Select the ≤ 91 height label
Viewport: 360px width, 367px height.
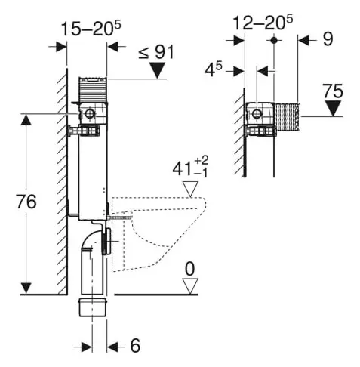coord(158,53)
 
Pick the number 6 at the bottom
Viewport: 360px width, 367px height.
coord(135,346)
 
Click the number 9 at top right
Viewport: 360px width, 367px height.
coord(327,39)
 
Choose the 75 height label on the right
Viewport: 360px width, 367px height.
coord(332,92)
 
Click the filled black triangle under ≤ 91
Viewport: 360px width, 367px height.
coord(158,71)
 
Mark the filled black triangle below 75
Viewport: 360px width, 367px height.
coord(332,110)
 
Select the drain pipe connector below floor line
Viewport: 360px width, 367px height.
coord(94,308)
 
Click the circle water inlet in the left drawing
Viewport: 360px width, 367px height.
coord(91,115)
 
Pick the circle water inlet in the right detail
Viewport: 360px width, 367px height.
coord(257,115)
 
